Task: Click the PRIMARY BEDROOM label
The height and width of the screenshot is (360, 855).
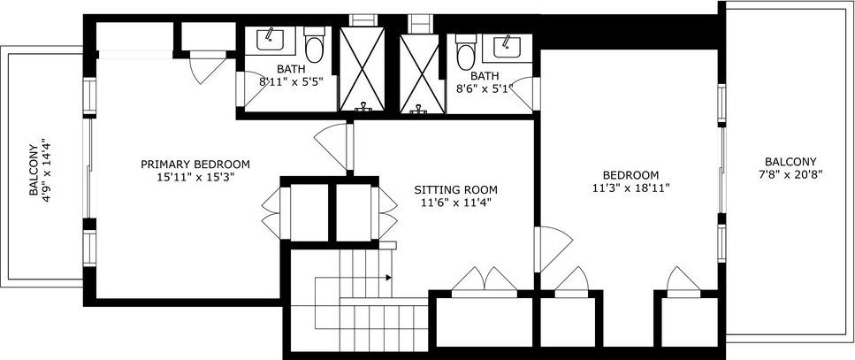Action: [x=195, y=164]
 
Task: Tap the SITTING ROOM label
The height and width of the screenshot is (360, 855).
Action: [x=455, y=189]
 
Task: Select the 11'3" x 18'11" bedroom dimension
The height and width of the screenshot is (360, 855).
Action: [x=631, y=188]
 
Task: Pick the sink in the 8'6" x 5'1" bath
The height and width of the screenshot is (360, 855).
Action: [x=508, y=43]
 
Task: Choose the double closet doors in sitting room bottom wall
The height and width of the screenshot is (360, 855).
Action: [x=484, y=280]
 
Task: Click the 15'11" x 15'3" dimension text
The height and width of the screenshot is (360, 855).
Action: [x=195, y=177]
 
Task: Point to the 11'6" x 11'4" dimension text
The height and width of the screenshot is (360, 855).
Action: [x=455, y=203]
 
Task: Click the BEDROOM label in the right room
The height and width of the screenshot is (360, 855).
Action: [x=631, y=174]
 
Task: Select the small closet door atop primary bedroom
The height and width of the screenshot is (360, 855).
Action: [x=208, y=67]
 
